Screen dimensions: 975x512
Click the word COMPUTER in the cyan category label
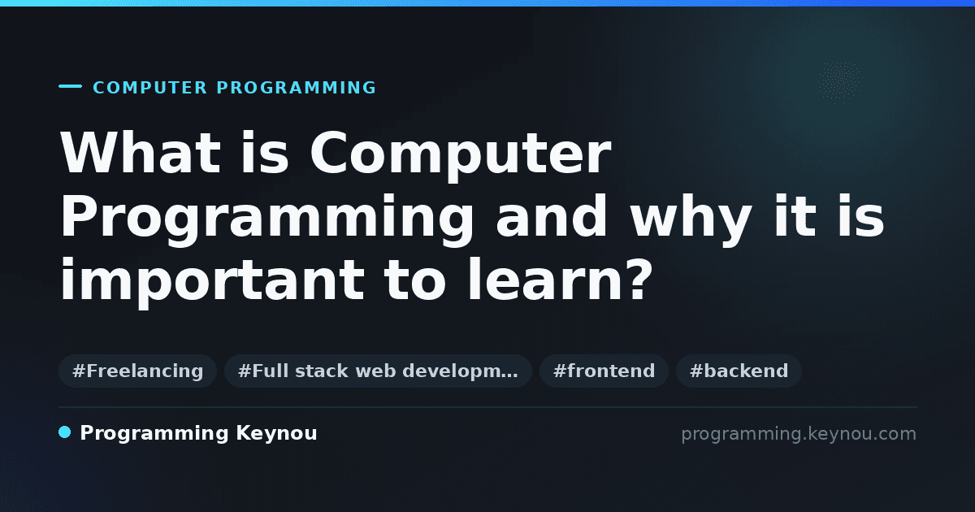(149, 88)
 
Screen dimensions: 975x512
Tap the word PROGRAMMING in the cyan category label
(296, 88)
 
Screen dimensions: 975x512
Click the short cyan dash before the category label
(70, 86)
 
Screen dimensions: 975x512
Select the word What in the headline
(141, 153)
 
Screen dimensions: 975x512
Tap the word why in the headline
(691, 220)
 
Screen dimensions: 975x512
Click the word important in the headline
(212, 283)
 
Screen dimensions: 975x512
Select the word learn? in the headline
(560, 279)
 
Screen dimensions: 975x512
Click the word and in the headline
(552, 216)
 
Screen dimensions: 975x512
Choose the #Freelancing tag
(137, 371)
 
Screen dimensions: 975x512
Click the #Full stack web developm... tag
(378, 371)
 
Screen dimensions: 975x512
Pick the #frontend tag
(604, 371)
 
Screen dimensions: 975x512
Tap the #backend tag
(739, 371)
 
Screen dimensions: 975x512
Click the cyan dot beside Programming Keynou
(65, 432)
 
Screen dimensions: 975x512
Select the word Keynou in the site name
(276, 434)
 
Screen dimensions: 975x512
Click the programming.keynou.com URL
(799, 434)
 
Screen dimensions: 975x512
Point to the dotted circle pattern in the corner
(840, 82)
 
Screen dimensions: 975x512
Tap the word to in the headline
(415, 281)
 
